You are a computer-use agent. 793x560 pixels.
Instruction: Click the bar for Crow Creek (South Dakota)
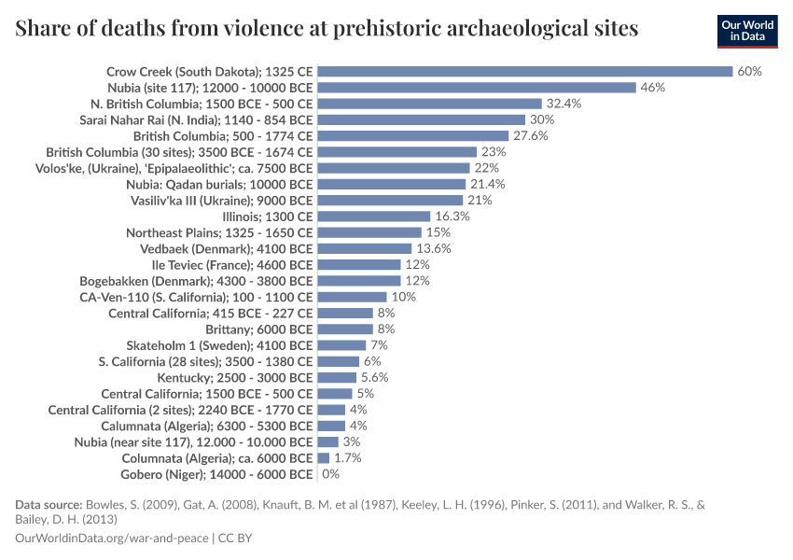tap(525, 71)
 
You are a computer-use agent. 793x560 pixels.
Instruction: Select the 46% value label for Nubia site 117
tap(652, 87)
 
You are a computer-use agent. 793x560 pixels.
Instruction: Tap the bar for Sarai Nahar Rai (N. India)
tap(422, 119)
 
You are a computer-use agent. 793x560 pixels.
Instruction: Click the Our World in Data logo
tap(746, 31)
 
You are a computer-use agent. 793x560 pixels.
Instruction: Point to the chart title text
tap(327, 29)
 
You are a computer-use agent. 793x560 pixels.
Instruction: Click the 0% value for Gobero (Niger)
tap(330, 474)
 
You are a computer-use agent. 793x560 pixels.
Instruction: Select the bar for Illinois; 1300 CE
tap(374, 216)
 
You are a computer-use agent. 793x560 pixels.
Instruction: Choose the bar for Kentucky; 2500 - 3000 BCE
tap(337, 377)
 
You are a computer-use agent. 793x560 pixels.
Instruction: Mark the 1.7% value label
tap(347, 458)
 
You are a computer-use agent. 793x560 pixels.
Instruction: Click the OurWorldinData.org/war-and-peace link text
tap(112, 539)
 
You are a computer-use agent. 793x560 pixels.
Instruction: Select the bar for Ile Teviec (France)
tap(359, 264)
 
